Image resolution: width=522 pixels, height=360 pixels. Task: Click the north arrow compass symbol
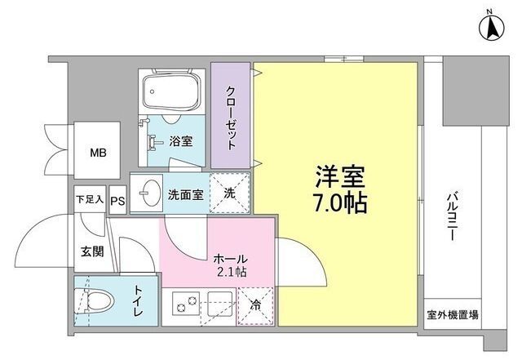pos(493,28)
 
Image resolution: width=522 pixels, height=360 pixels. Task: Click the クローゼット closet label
pos(231,117)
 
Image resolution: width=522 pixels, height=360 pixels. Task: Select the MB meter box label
pos(98,152)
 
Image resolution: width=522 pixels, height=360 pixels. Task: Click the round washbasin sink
pos(148,195)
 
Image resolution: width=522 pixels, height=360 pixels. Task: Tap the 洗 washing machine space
pos(229,194)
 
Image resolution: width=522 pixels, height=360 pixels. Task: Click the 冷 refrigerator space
pos(255,307)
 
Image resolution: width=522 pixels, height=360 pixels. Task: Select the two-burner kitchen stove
pos(186,308)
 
